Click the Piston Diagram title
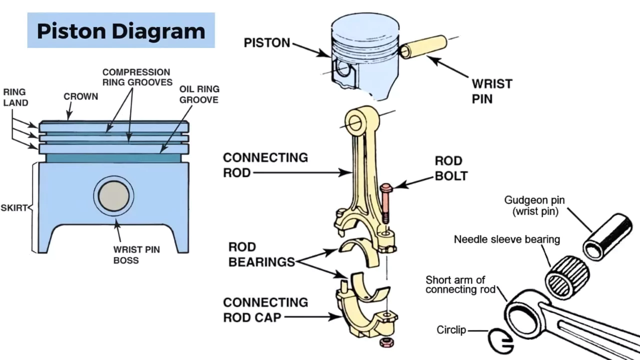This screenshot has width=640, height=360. tap(121, 31)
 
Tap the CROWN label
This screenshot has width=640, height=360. tap(80, 96)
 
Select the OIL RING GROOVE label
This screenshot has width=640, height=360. tap(199, 94)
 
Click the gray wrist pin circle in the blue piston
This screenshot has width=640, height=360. tap(113, 196)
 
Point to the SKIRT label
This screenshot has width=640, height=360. tap(13, 207)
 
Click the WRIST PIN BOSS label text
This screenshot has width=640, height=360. tap(136, 254)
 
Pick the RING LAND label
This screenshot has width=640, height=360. tap(15, 97)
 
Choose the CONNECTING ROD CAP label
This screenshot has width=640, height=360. tap(265, 309)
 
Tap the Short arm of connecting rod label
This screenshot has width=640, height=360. tap(460, 284)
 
